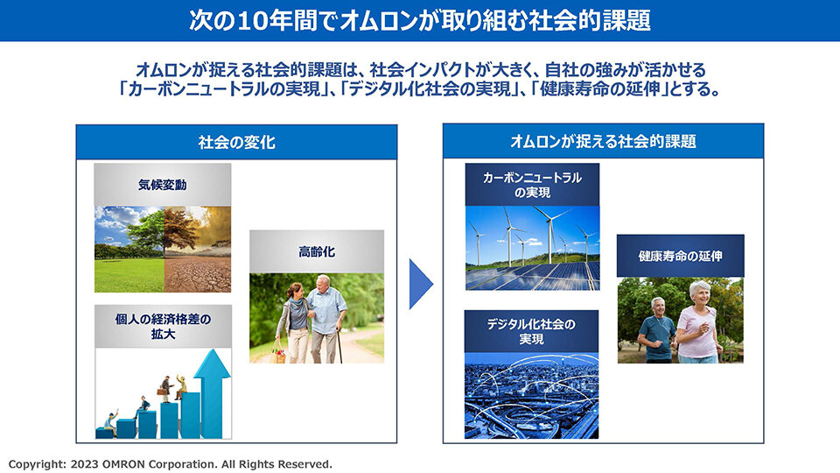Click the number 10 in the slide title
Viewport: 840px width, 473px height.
coord(253,21)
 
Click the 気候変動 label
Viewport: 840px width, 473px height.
coord(163,185)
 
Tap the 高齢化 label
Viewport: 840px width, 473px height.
coord(317,251)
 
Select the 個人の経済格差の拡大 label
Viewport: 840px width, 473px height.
coord(163,327)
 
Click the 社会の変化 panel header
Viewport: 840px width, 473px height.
coord(236,142)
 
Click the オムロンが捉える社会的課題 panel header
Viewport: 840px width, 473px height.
coord(603,141)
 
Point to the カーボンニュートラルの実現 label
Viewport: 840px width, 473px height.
coord(532,185)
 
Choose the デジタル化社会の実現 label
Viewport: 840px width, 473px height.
coord(531,331)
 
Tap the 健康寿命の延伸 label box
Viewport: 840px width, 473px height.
coord(681,256)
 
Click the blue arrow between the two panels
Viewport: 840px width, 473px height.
coord(420,284)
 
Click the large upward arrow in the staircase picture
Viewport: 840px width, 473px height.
coord(212,393)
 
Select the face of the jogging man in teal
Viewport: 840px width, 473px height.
coord(658,307)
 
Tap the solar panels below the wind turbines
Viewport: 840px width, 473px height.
coord(533,276)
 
